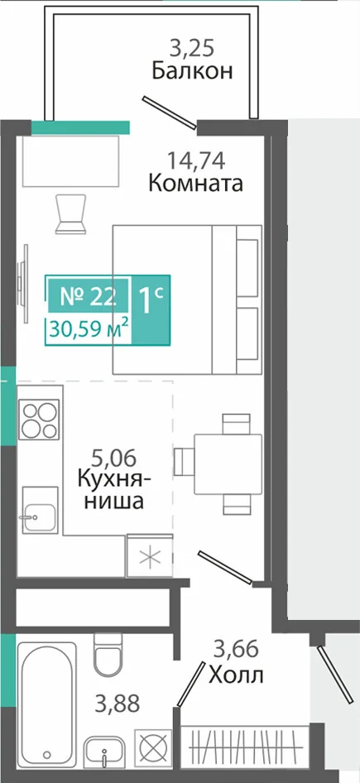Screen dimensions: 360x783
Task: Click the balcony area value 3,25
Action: point(192,49)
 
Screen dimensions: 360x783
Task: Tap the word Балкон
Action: point(192,71)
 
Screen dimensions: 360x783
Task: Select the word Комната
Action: point(196,184)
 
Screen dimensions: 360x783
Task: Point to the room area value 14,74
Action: point(196,161)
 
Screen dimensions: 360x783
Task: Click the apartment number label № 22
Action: point(89,296)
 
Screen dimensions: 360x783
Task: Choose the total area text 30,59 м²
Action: point(89,329)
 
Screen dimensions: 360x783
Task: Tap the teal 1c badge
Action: point(151,309)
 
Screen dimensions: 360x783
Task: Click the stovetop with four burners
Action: point(39,420)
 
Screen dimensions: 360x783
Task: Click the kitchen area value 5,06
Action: point(114,457)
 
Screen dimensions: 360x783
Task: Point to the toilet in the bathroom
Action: point(108,653)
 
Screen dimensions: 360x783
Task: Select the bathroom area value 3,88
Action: point(118,704)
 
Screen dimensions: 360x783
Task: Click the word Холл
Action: point(236,675)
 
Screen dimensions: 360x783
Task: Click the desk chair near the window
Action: point(70,214)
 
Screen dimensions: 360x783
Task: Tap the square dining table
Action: point(228,464)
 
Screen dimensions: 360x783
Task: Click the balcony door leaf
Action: point(170,113)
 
